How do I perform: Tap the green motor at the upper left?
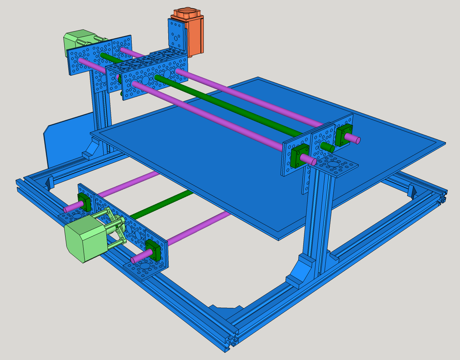click(x=78, y=40)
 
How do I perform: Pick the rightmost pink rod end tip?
click(x=356, y=140)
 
